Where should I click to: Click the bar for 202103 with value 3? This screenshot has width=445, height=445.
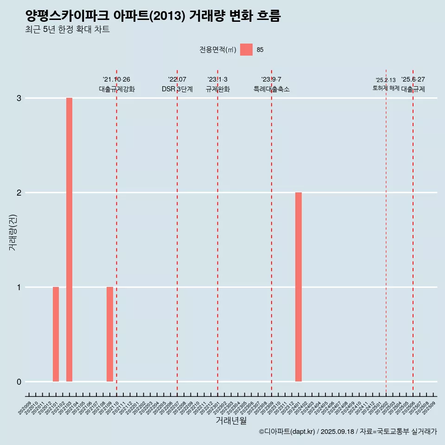pos(69,240)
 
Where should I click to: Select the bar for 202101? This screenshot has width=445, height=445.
pos(56,334)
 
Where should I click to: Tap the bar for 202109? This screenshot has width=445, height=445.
pos(110,334)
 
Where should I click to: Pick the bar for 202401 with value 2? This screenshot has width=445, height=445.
pos(299,287)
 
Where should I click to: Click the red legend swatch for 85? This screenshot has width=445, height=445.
pos(246,50)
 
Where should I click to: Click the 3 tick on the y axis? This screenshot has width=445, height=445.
pos(19,98)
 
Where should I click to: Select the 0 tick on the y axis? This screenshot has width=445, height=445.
pos(19,382)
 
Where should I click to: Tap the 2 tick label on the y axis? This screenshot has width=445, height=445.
pos(19,193)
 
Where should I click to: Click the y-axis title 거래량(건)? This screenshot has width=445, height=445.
pos(13,232)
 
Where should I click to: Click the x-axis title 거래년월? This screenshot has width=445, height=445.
pos(231,420)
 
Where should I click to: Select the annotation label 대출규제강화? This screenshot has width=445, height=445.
pos(117,89)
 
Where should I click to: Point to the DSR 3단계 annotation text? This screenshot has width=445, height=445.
pos(177,89)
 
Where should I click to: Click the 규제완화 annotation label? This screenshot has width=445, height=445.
pos(218,89)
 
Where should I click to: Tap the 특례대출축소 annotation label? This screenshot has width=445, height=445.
pos(272,89)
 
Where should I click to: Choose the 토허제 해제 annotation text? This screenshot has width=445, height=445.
pos(386,88)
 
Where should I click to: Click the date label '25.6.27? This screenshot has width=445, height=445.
pos(413,79)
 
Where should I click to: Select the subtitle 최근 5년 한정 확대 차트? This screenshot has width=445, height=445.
pos(68,30)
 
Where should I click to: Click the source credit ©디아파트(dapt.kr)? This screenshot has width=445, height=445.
pos(288,432)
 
